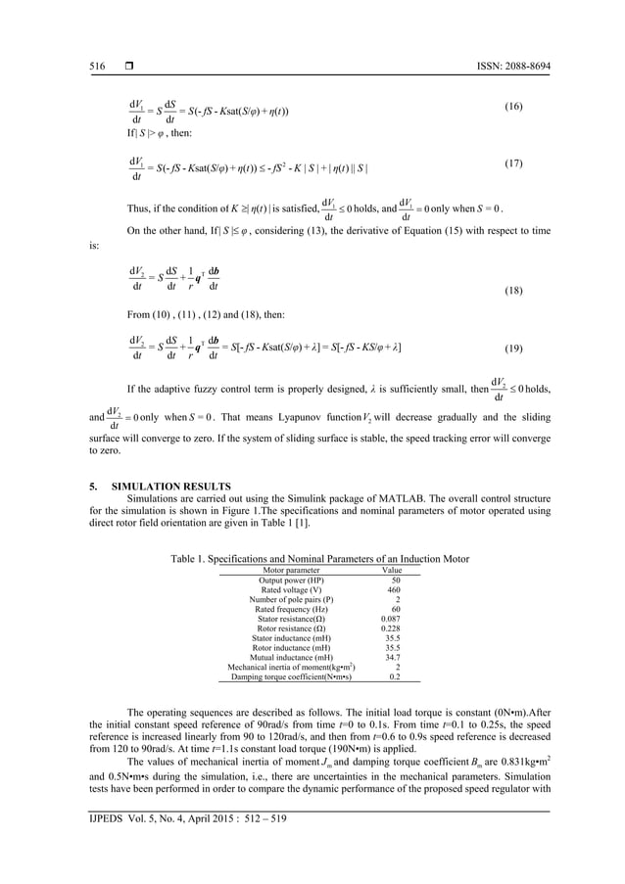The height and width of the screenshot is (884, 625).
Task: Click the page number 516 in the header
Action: pos(96,67)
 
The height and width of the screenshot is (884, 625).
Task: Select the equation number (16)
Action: pos(515,104)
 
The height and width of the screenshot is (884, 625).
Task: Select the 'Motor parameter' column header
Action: pos(284,570)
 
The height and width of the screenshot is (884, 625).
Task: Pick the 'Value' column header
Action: pos(391,570)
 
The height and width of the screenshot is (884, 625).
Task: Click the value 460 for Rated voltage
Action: pos(394,590)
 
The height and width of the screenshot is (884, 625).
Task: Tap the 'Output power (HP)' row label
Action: pos(284,581)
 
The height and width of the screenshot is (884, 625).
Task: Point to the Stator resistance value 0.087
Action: pos(391,620)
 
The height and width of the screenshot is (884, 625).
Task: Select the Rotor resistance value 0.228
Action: pos(391,629)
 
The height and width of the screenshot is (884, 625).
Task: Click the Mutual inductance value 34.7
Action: pos(393,658)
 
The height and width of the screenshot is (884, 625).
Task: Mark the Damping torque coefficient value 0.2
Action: pos(394,676)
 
